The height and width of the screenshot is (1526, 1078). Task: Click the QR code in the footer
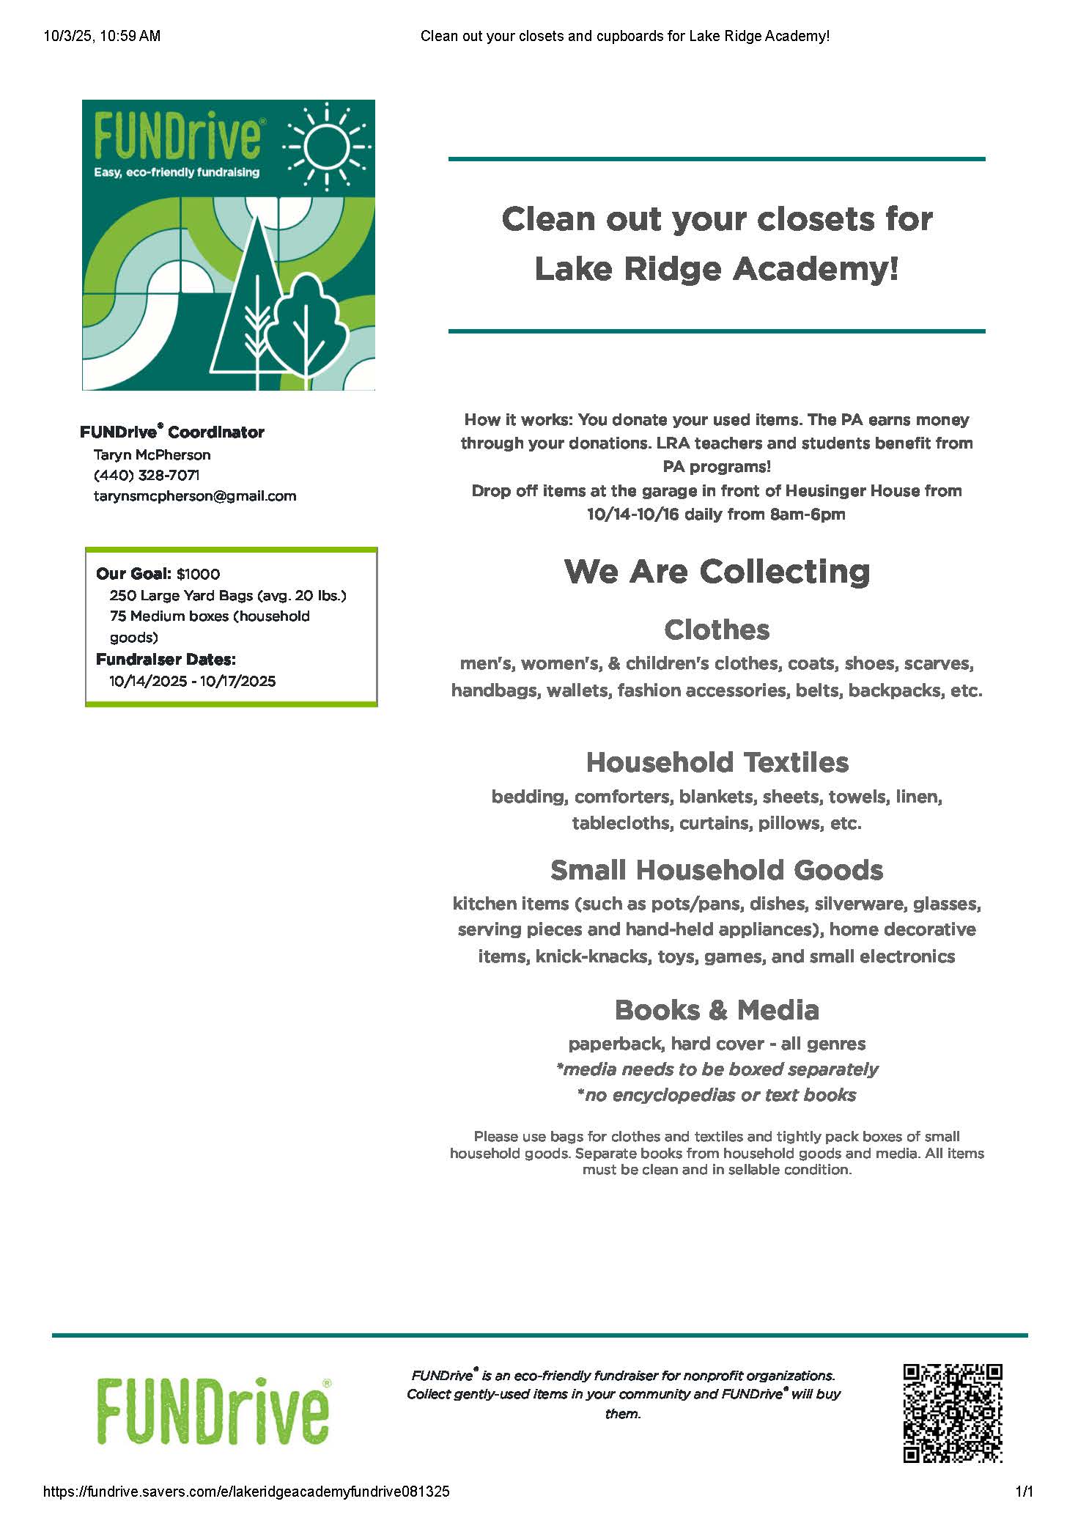click(952, 1413)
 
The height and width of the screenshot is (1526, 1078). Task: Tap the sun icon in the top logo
click(327, 144)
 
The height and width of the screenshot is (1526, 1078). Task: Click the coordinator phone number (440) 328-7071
click(147, 475)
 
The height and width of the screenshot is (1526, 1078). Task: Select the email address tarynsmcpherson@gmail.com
click(195, 495)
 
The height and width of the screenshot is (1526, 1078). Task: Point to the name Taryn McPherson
click(152, 454)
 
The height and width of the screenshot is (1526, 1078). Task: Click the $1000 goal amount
click(198, 574)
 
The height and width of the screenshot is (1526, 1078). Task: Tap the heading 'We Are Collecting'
click(717, 572)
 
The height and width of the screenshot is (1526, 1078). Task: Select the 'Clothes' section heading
click(717, 630)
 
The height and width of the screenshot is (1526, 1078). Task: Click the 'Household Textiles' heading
click(717, 762)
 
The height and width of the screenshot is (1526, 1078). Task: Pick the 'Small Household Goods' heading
click(717, 870)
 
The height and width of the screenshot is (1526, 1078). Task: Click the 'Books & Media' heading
click(717, 1010)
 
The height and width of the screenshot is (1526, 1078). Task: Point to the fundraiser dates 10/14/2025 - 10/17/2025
click(193, 681)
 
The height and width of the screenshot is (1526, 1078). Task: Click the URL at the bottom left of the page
click(246, 1491)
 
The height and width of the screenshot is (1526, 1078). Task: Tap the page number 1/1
click(1024, 1491)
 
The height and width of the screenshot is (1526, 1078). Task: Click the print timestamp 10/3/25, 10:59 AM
click(102, 36)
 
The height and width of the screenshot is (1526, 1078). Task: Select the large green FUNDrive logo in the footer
click(213, 1411)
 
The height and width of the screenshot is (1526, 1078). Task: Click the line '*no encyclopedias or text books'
click(717, 1095)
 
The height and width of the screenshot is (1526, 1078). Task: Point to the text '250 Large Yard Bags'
click(181, 595)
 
